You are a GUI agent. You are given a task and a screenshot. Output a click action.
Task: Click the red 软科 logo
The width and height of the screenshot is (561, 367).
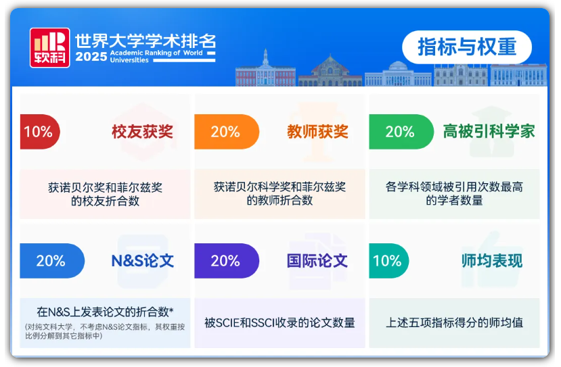(49, 47)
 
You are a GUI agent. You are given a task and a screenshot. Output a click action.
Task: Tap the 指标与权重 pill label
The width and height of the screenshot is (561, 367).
(467, 47)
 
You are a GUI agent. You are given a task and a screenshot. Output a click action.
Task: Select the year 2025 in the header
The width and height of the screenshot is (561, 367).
(91, 57)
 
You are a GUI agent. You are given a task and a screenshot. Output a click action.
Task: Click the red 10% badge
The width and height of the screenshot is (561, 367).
(40, 132)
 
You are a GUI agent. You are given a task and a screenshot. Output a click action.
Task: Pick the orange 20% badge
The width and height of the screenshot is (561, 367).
(227, 132)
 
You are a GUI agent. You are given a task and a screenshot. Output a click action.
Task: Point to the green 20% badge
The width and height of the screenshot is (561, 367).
(401, 132)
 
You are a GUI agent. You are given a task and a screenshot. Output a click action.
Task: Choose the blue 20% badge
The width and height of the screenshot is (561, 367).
(52, 261)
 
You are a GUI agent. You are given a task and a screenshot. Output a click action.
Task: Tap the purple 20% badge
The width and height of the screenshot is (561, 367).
(227, 261)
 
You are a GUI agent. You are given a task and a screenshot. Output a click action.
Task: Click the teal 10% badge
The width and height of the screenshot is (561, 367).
(389, 261)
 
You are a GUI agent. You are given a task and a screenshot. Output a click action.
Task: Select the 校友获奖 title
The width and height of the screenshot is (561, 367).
(142, 132)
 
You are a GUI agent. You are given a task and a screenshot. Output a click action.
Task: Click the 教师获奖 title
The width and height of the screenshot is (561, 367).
(317, 132)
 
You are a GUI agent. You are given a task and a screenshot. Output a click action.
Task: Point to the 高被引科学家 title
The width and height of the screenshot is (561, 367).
(489, 131)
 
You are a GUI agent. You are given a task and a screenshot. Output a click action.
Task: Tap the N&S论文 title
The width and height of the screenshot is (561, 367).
(142, 261)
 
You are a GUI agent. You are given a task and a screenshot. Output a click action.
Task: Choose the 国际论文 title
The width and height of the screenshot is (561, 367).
(317, 261)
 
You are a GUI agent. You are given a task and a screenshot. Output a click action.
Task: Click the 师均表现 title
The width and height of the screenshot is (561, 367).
(492, 261)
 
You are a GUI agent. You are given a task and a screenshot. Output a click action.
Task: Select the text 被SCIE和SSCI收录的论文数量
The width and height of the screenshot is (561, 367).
(279, 322)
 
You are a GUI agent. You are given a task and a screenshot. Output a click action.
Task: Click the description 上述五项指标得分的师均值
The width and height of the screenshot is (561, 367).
(454, 322)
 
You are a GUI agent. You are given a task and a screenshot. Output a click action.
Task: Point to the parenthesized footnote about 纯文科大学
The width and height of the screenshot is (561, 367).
(105, 331)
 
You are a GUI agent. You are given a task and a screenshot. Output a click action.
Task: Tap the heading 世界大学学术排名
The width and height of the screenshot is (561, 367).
(145, 41)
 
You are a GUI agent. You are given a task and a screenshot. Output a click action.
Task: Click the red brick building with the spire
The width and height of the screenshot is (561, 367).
(265, 72)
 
